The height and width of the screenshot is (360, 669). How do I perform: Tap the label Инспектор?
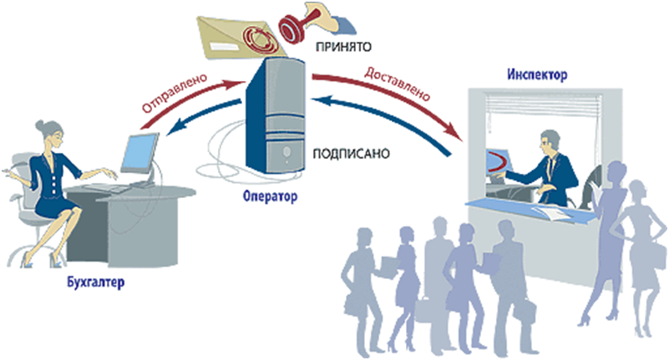click(x=536, y=76)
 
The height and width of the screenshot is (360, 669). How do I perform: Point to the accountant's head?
click(x=45, y=132)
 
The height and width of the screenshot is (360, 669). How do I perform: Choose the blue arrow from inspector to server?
click(x=393, y=125)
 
